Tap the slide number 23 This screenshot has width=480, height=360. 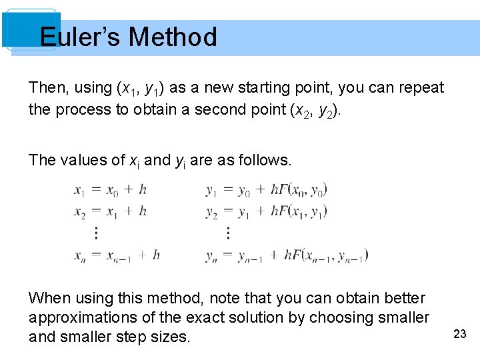tap(459, 334)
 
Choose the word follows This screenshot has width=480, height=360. tap(265, 160)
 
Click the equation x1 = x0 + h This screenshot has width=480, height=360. tap(110, 190)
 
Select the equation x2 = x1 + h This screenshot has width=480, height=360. tap(110, 211)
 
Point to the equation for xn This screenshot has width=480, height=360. tap(117, 255)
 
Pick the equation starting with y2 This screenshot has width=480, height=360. tap(266, 211)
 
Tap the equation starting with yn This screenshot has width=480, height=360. tap(287, 255)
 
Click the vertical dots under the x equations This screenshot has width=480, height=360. tap(96, 233)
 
